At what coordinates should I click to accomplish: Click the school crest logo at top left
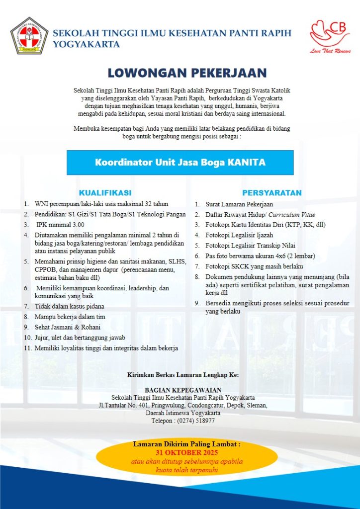(x=29, y=36)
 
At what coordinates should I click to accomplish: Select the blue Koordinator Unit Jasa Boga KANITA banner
(x=180, y=163)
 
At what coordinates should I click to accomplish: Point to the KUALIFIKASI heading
(x=105, y=193)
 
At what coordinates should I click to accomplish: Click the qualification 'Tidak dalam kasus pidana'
(x=70, y=306)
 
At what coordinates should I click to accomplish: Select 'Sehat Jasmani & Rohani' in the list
(x=68, y=327)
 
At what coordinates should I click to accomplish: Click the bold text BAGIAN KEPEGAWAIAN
(x=183, y=390)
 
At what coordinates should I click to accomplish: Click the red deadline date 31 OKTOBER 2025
(x=187, y=453)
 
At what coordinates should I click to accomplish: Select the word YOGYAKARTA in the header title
(x=87, y=44)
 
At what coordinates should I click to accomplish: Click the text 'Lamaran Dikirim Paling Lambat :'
(x=187, y=444)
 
